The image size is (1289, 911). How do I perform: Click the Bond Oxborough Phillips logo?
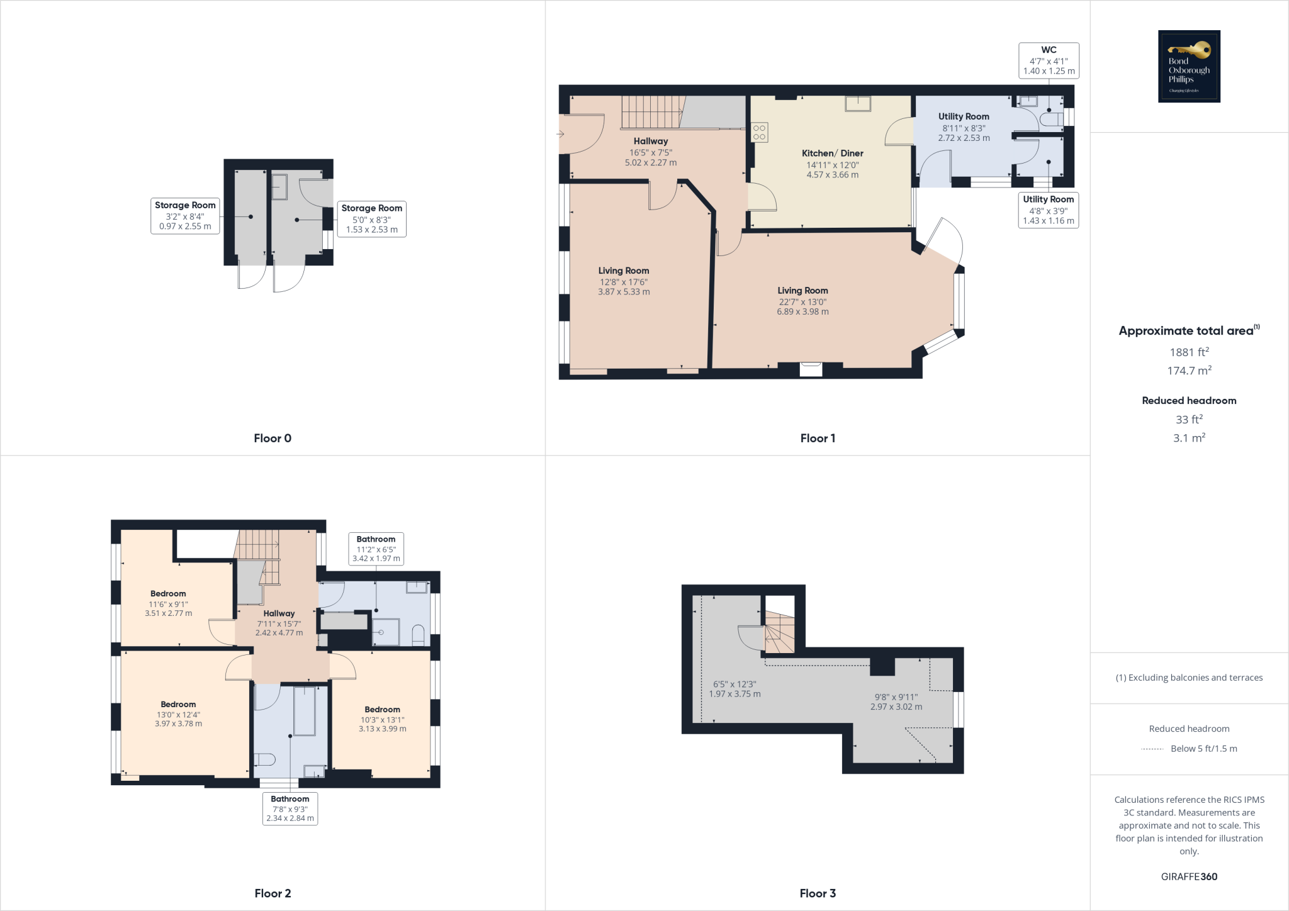click(x=1189, y=66)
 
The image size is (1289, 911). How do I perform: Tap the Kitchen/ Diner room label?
click(x=832, y=154)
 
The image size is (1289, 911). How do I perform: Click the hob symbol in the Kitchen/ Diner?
click(x=759, y=132)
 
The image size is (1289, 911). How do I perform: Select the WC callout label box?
click(x=1049, y=60)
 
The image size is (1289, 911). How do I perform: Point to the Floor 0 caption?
click(x=273, y=439)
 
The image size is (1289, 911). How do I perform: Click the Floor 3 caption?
click(x=818, y=893)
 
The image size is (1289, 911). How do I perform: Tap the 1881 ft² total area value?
click(x=1189, y=352)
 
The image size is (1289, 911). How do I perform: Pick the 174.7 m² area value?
click(x=1189, y=371)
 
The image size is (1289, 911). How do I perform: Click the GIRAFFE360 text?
click(x=1189, y=876)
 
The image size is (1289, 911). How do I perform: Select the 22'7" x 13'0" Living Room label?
click(x=802, y=301)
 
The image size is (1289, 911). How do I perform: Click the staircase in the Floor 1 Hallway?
click(x=652, y=112)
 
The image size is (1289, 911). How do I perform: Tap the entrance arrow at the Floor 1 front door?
click(x=560, y=134)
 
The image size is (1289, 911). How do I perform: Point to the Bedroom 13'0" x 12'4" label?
click(x=178, y=714)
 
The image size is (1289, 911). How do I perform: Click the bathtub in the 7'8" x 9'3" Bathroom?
click(x=305, y=711)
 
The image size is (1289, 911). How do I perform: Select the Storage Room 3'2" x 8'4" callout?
click(x=185, y=216)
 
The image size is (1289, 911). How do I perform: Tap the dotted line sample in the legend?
click(x=1152, y=749)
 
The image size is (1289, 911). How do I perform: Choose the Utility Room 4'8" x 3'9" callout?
click(x=1048, y=210)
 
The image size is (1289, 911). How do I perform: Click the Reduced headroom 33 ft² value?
click(x=1189, y=419)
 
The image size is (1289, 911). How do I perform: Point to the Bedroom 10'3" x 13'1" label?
click(x=382, y=719)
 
